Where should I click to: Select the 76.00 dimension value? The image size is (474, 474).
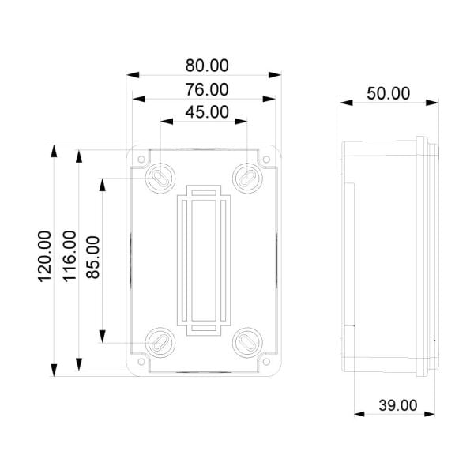(206, 89)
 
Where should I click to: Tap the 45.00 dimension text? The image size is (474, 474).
(206, 112)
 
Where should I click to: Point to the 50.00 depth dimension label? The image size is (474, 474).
(389, 92)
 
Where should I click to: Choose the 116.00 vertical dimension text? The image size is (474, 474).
(69, 256)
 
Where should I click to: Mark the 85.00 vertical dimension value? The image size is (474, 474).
(93, 258)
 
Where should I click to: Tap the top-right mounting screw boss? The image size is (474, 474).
(248, 177)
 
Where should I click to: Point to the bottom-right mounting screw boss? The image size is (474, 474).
(248, 342)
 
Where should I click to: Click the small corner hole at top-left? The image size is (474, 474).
(141, 160)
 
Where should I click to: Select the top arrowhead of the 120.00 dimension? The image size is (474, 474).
(54, 151)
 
